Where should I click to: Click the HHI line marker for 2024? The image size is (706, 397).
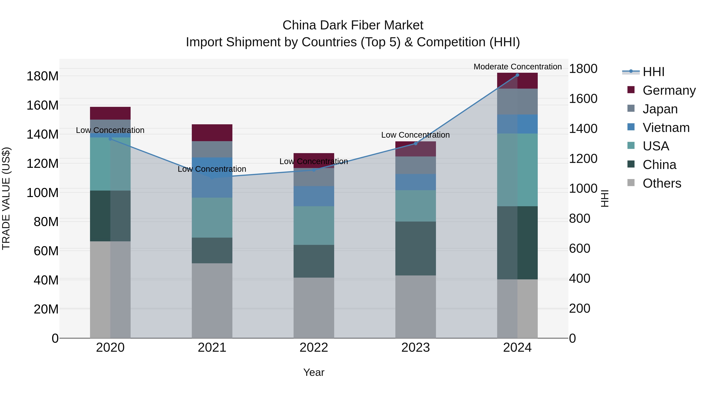point(517,75)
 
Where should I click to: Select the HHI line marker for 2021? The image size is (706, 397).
point(212,178)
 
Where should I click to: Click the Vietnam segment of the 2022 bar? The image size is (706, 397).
point(314,196)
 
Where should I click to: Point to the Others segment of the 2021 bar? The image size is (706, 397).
point(212,300)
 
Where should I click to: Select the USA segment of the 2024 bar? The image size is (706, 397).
point(517,170)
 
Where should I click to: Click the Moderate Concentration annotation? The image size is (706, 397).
point(517,67)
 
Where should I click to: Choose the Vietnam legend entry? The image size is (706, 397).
point(666,127)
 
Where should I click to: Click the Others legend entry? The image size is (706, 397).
point(662,183)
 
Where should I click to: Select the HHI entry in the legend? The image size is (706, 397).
point(653,72)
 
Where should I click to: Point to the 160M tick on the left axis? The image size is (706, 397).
point(43,105)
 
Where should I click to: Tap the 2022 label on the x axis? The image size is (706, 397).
point(314,348)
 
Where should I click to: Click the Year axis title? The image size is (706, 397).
point(314,372)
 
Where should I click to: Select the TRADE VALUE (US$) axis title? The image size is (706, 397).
point(6,198)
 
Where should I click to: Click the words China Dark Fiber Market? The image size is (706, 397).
point(353,25)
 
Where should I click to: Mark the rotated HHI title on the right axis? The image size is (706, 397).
point(604,198)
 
